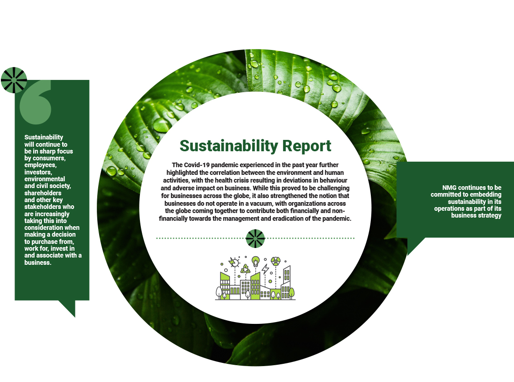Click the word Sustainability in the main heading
point(229,146)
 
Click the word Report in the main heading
point(307,146)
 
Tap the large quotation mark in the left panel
point(35,102)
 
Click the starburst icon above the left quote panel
point(14,80)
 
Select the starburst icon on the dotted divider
point(255,238)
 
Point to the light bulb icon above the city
point(256,262)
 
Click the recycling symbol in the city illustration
point(245,269)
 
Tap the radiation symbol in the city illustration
point(275,261)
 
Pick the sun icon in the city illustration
point(234,263)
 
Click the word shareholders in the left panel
point(43,193)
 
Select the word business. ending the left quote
point(38,263)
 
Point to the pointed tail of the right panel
point(414,245)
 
